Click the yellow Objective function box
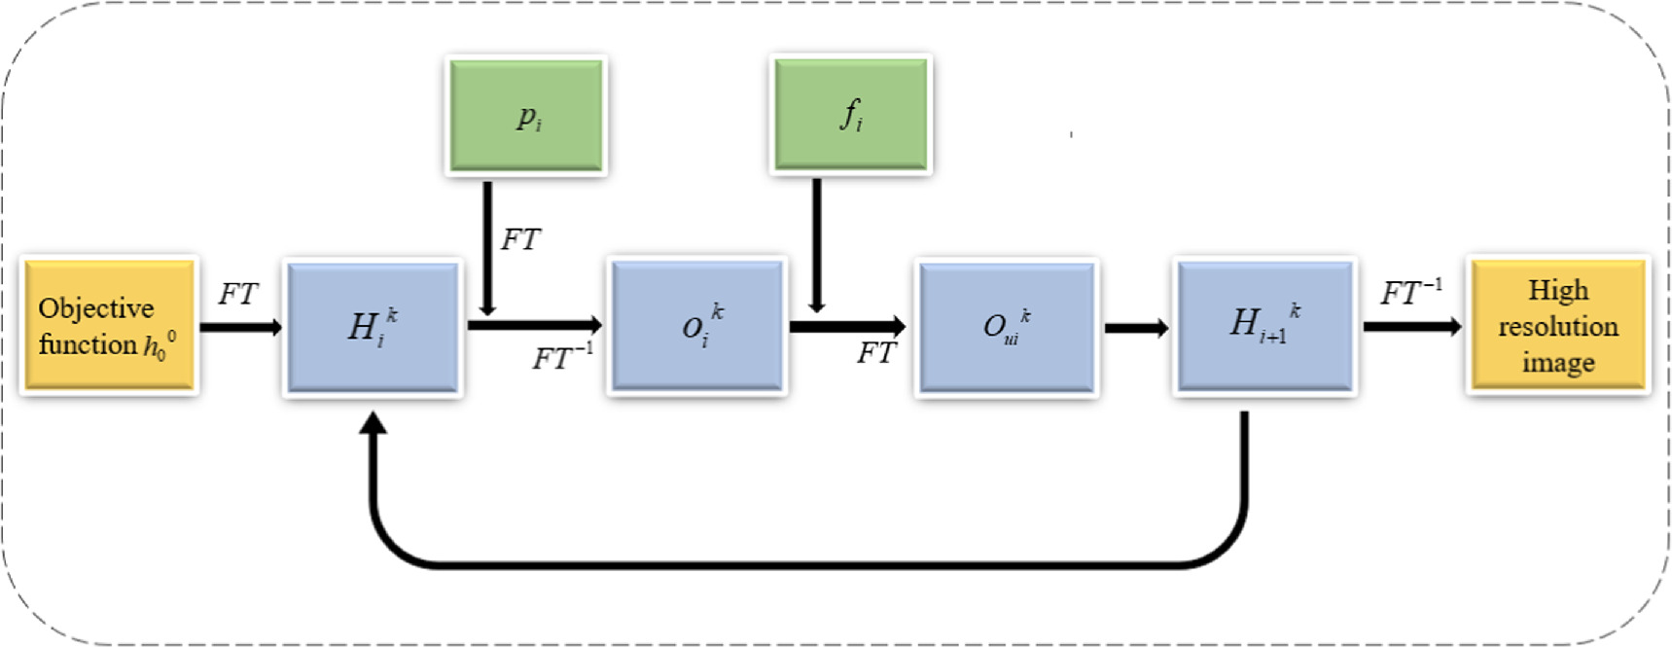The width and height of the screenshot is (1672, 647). point(109,325)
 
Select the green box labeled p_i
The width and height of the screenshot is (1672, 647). point(526,116)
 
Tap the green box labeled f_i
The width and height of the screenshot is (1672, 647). point(850,115)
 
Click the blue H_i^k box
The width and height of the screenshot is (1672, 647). point(373,327)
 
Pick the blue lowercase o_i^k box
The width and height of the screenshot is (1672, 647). point(696,326)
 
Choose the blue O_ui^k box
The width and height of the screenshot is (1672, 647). point(1006,327)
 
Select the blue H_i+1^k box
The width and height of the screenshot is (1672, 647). point(1263,326)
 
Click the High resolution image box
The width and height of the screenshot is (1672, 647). point(1557,325)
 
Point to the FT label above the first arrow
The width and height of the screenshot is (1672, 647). point(238,294)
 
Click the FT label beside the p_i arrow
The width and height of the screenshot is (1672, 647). point(520,239)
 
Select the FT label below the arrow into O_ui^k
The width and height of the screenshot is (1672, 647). point(875,353)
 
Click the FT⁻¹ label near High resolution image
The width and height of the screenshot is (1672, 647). point(1410,292)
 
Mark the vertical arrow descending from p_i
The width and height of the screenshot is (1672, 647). point(487,248)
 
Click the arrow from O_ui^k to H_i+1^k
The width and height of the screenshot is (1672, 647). point(1135,328)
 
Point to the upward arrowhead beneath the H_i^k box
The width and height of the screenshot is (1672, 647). point(374,423)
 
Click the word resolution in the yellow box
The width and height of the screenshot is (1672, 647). point(1557,327)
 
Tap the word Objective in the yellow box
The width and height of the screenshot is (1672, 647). point(96,308)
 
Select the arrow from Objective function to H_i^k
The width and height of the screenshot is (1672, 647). point(240,327)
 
